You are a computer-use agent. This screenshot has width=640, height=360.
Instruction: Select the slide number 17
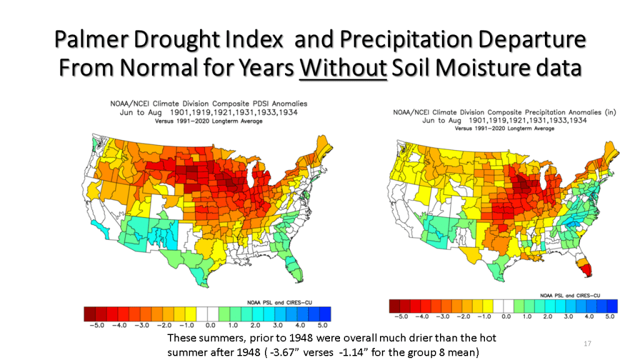pyautogui.click(x=587, y=344)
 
